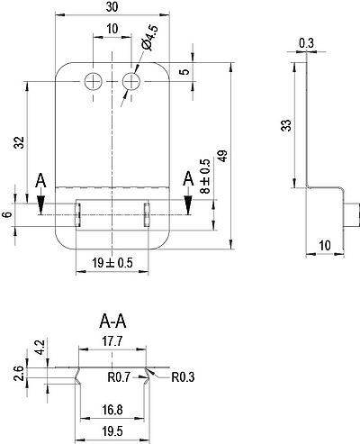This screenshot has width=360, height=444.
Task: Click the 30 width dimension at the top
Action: pyautogui.click(x=112, y=6)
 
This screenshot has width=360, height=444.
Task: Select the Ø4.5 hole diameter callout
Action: pyautogui.click(x=149, y=38)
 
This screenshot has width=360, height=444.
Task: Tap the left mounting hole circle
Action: pyautogui.click(x=94, y=81)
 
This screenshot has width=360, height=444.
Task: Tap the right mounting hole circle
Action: pyautogui.click(x=131, y=81)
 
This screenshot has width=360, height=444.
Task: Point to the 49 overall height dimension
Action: pyautogui.click(x=223, y=156)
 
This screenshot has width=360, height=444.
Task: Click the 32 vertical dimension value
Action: pyautogui.click(x=19, y=142)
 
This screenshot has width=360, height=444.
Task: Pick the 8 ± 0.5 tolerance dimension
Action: pyautogui.click(x=205, y=176)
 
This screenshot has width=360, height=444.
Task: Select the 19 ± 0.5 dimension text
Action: pyautogui.click(x=112, y=263)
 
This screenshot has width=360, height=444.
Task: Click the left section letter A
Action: pyautogui.click(x=40, y=181)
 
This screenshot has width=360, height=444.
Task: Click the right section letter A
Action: pyautogui.click(x=188, y=179)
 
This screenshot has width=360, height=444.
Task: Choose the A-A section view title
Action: pyautogui.click(x=112, y=322)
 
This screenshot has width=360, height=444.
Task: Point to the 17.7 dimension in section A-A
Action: pyautogui.click(x=112, y=341)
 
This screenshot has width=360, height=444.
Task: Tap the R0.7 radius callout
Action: pyautogui.click(x=119, y=376)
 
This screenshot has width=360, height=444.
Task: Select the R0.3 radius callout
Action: pyautogui.click(x=183, y=377)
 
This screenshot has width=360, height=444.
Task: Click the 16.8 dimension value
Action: pyautogui.click(x=112, y=410)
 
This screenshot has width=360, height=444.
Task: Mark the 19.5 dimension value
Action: pyautogui.click(x=112, y=431)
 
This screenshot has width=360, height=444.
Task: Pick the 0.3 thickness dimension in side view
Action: pyautogui.click(x=306, y=43)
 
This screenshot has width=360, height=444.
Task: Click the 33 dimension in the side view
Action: pyautogui.click(x=286, y=125)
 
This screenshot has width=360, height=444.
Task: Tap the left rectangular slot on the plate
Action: pyautogui.click(x=77, y=214)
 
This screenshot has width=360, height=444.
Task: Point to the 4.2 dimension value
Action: pyautogui.click(x=40, y=348)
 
